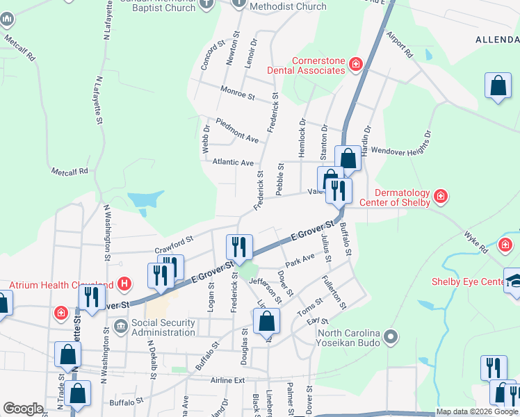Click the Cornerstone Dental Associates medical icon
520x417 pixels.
tap(356, 65)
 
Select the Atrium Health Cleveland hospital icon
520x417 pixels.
tap(124, 284)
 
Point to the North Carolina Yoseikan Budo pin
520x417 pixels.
tap(390, 338)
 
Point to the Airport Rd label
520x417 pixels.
tap(400, 44)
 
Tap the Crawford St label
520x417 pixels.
tap(173, 243)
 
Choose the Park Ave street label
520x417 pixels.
tap(300, 260)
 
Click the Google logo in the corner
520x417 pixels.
tap(24, 409)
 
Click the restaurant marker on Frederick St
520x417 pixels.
tap(236, 247)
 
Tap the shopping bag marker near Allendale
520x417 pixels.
tap(498, 87)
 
